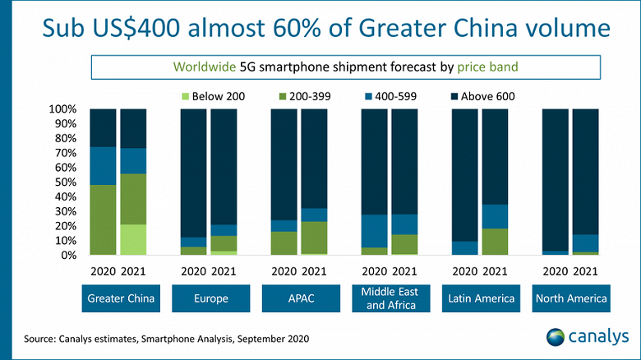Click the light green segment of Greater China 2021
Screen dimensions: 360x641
point(133,239)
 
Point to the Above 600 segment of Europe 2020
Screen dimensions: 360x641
point(193,173)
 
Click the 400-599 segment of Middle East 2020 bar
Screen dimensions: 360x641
point(375,231)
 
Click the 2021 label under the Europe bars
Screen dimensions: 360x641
point(224,270)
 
